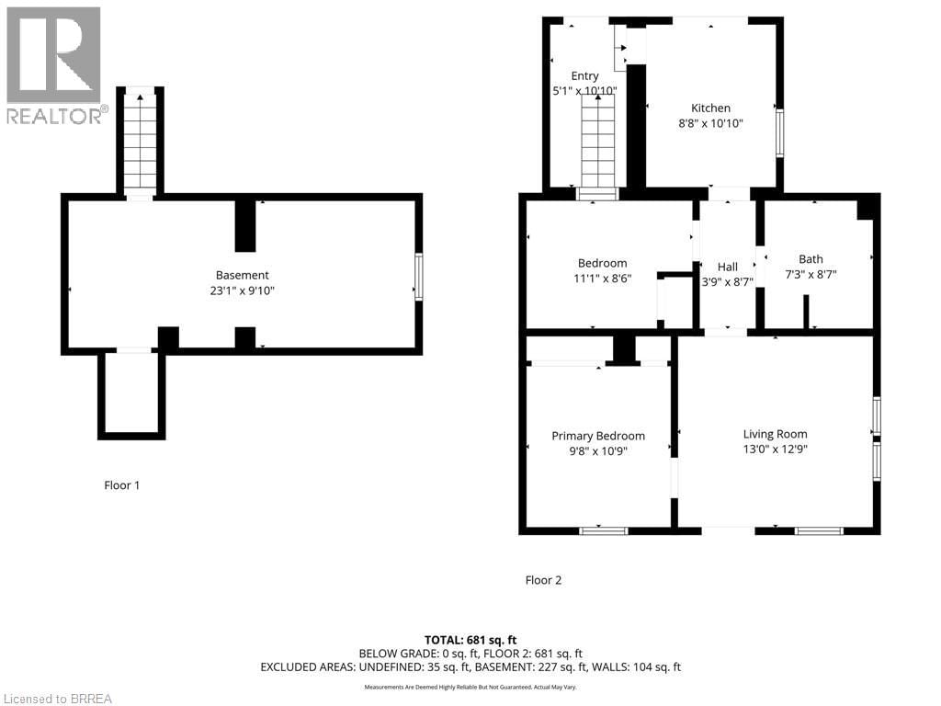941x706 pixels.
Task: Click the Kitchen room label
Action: click(710, 108)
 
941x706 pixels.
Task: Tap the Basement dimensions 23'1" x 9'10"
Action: click(243, 290)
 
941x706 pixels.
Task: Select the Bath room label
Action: click(811, 259)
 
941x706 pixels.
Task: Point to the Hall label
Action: click(727, 268)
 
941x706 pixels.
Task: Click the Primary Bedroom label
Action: click(597, 436)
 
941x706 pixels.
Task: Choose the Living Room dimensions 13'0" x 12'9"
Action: click(775, 450)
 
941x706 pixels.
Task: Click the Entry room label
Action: click(584, 76)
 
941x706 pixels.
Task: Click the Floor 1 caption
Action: click(121, 484)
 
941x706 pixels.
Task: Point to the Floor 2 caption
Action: click(542, 580)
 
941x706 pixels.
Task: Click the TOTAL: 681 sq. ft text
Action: click(470, 639)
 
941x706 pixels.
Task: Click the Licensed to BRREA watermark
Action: click(56, 699)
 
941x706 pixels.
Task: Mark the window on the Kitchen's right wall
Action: click(780, 132)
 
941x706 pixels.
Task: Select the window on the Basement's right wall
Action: click(419, 276)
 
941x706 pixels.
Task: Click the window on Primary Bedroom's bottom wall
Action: click(604, 530)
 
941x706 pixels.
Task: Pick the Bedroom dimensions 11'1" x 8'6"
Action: click(602, 279)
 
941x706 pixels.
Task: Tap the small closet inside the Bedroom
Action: click(677, 301)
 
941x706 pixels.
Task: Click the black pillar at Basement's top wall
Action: click(244, 224)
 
